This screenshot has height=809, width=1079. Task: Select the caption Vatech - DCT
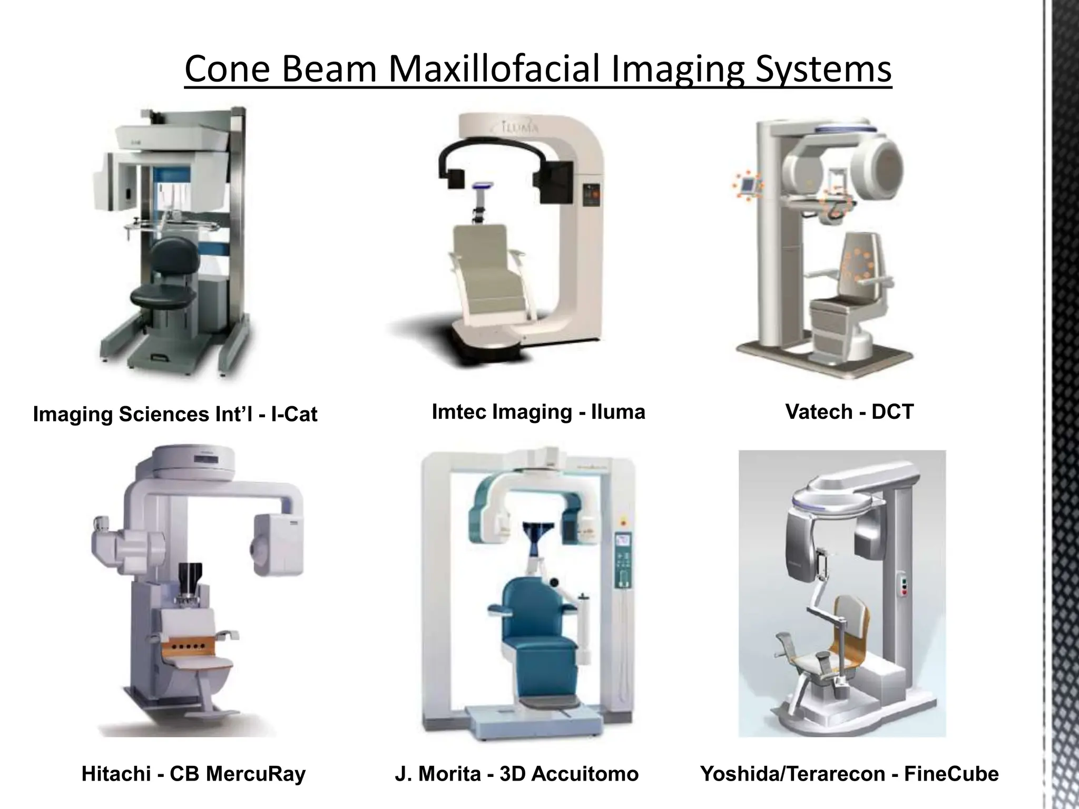(x=849, y=411)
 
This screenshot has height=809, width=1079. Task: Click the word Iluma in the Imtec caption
(x=618, y=411)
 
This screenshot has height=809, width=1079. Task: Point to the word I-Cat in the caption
(x=293, y=414)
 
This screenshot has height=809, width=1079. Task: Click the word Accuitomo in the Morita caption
(x=585, y=774)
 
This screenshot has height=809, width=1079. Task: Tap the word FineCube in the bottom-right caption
(x=951, y=774)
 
